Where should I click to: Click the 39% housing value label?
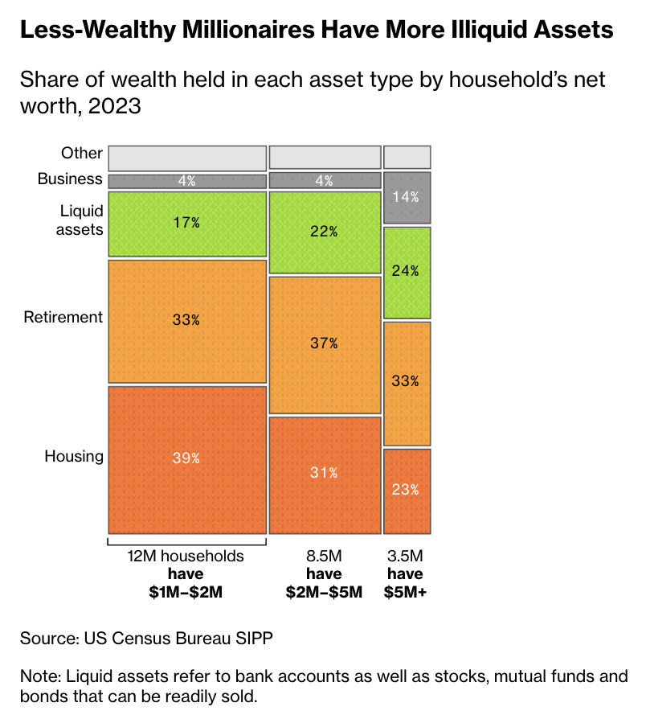click(x=186, y=458)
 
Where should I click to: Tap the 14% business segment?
click(x=407, y=196)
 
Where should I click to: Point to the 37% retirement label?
click(x=324, y=343)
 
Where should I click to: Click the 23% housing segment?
click(x=407, y=491)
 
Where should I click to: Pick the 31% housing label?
click(x=324, y=473)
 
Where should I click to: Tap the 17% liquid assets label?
click(x=186, y=223)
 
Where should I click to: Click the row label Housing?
click(x=74, y=457)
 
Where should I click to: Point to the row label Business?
click(x=71, y=179)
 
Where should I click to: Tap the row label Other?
click(x=82, y=153)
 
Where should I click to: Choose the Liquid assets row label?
click(x=82, y=220)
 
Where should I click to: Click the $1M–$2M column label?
click(x=186, y=593)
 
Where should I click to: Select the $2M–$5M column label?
click(x=324, y=593)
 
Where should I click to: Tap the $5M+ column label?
click(x=405, y=593)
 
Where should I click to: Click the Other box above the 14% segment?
click(x=407, y=156)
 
